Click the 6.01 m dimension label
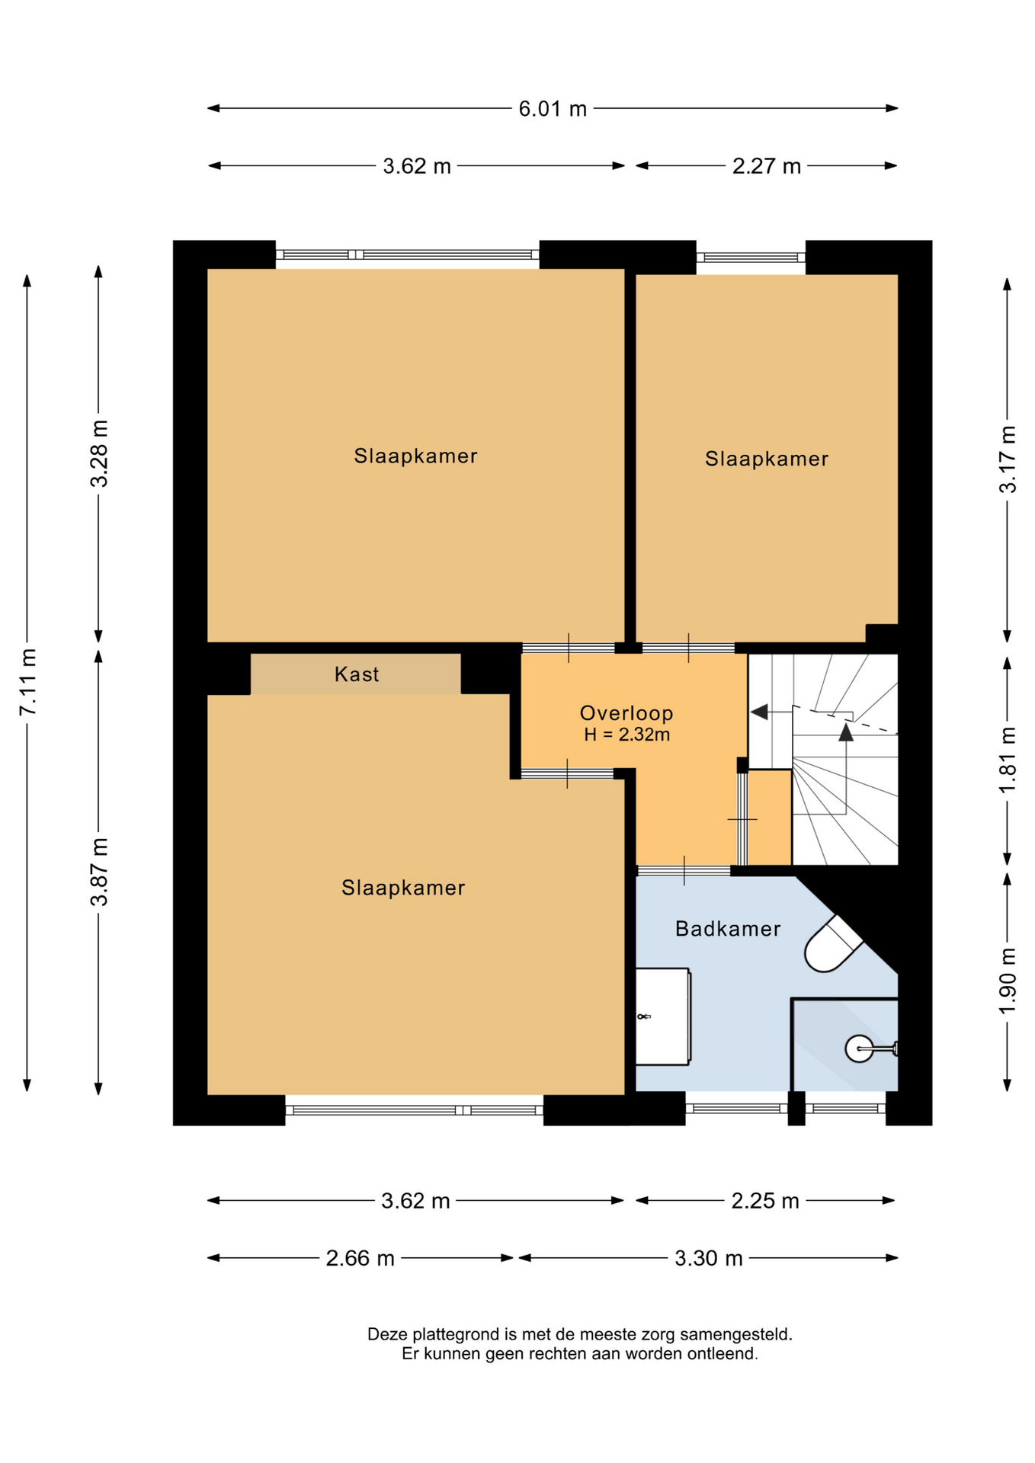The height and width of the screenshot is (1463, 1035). click(553, 109)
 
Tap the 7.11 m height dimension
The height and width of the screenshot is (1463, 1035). click(28, 682)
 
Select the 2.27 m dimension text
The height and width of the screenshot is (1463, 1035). click(766, 166)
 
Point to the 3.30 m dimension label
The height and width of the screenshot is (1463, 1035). click(708, 1258)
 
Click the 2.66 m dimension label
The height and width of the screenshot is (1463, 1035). click(360, 1258)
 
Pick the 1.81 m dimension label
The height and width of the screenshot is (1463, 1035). click(1008, 760)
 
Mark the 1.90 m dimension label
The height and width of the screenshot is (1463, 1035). click(1008, 981)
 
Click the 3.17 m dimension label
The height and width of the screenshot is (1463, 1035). click(1008, 459)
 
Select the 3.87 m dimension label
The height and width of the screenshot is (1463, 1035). click(99, 872)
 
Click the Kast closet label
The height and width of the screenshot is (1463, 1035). click(357, 674)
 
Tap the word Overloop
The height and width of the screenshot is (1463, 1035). click(626, 713)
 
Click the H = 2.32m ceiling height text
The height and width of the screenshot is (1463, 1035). click(626, 735)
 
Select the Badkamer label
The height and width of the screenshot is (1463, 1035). click(728, 929)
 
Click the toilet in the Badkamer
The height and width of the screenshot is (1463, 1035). click(832, 944)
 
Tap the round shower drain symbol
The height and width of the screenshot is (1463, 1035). click(859, 1049)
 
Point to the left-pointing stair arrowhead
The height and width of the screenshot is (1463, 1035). click(759, 712)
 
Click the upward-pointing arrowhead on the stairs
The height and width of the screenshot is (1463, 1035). click(846, 732)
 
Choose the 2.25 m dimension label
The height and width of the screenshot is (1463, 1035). click(765, 1202)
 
